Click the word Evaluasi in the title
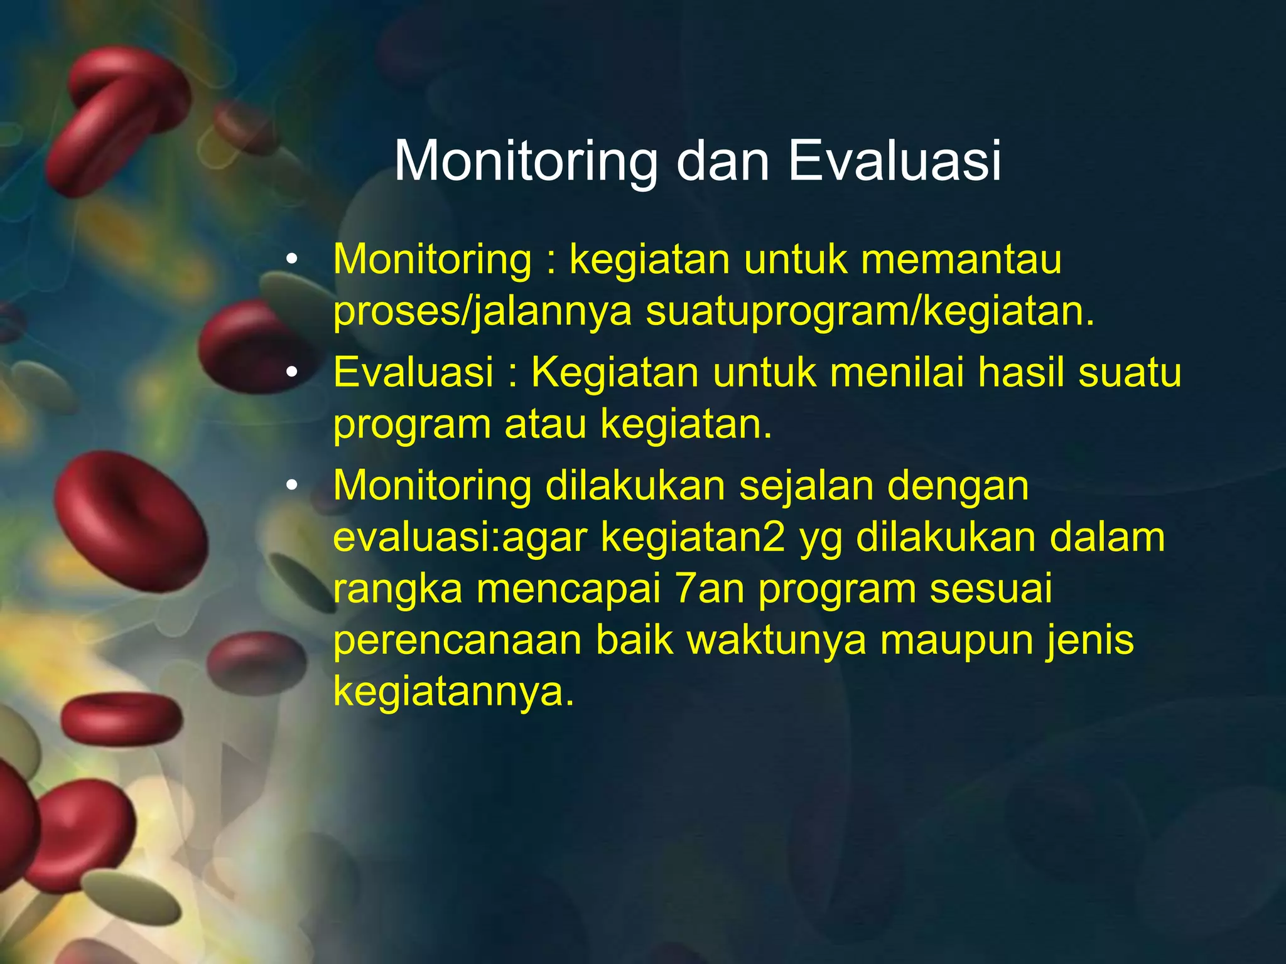click(x=894, y=161)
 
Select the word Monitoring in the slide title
click(x=526, y=162)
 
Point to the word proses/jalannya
click(x=482, y=312)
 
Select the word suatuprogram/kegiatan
click(x=870, y=312)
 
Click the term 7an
click(x=710, y=589)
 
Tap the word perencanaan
click(x=457, y=641)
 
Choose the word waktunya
click(x=776, y=641)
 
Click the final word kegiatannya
click(x=453, y=693)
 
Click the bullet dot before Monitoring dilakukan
click(x=291, y=486)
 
